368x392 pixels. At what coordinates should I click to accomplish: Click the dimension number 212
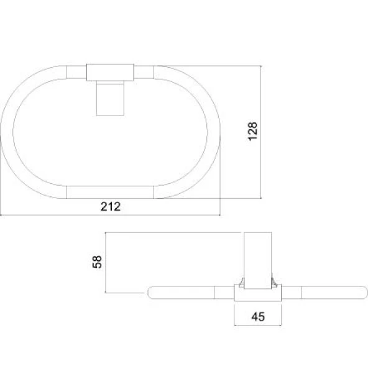coord(111,206)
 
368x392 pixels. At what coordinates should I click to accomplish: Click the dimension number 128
coord(252,131)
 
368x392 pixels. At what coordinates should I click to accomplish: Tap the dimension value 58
coord(97,262)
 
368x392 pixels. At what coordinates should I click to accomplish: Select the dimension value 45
coord(258,316)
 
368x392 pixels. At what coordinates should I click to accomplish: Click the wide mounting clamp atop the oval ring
coord(110,73)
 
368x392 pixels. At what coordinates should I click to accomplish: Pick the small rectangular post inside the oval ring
coord(110,98)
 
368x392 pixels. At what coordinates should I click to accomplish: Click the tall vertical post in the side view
coord(258,260)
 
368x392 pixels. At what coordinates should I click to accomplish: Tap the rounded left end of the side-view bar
coord(151,293)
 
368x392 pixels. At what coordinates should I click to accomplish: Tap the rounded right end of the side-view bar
coord(364,293)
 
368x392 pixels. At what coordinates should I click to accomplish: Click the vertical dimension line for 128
coord(260,132)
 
